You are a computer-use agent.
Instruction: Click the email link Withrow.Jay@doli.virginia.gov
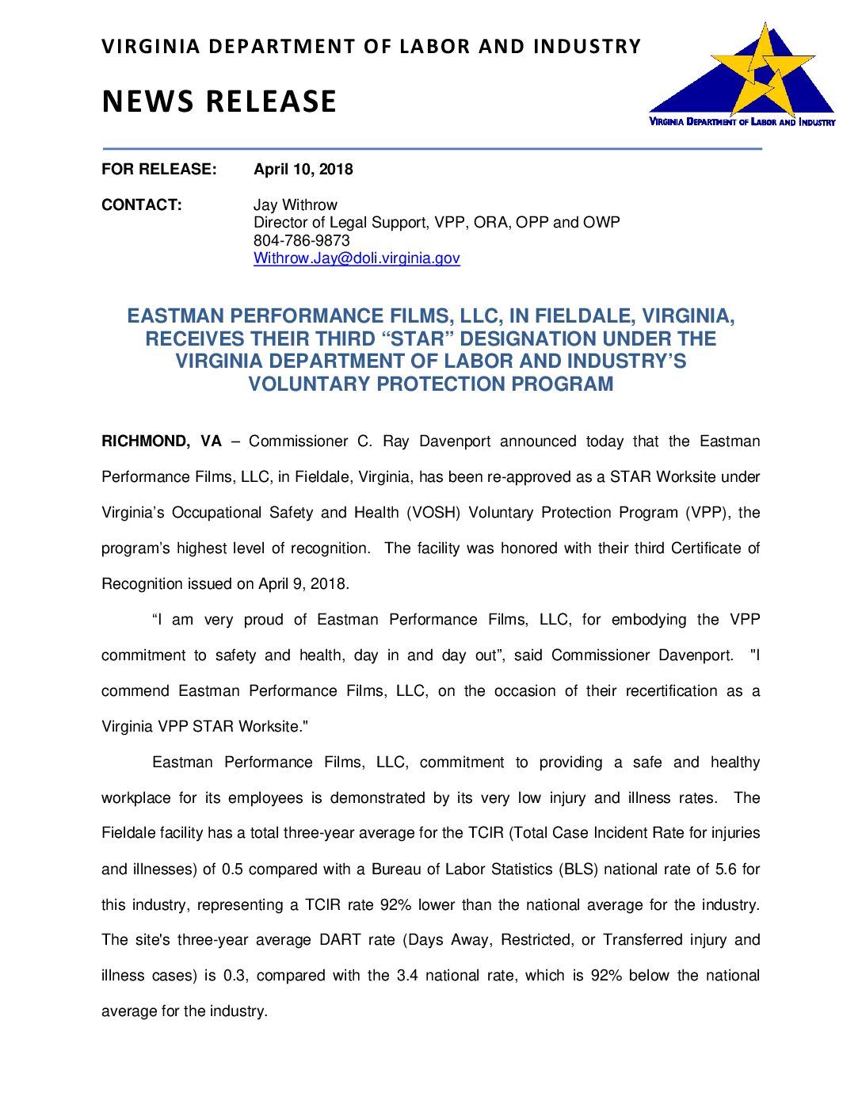(357, 258)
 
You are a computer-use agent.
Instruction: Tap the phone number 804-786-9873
(301, 240)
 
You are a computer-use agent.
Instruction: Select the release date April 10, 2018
(303, 169)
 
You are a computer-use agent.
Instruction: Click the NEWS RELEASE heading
(219, 101)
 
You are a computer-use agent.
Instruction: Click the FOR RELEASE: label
(158, 169)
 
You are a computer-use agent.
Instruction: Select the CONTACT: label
(141, 204)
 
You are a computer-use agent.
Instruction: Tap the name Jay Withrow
(295, 204)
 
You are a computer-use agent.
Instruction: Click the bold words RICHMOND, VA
(162, 441)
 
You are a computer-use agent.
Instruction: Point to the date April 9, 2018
(303, 584)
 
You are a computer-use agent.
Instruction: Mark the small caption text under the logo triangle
(742, 122)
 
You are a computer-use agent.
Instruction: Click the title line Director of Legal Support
(437, 223)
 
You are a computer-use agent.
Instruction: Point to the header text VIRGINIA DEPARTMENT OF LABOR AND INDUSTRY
(371, 47)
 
